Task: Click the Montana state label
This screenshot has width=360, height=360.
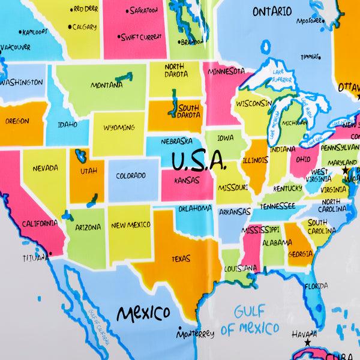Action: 106,85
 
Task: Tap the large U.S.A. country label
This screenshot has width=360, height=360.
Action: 199,162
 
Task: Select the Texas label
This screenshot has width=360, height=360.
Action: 180,259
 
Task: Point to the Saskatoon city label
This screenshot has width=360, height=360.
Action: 143,10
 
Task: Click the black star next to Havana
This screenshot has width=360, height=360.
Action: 308,342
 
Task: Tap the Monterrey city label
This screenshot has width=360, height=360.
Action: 196,334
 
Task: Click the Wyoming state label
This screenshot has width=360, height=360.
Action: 119,128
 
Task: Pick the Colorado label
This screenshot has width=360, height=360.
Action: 130,176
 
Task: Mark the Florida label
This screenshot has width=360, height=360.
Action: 316,286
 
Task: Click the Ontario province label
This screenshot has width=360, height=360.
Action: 272,11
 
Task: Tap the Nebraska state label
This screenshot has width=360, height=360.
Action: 176,142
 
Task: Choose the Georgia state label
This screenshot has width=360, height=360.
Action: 300,253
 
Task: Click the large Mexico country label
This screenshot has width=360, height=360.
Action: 143,313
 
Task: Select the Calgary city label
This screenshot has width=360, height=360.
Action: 84,26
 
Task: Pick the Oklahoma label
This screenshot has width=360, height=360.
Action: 194,208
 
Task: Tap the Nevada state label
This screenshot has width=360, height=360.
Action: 44,168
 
